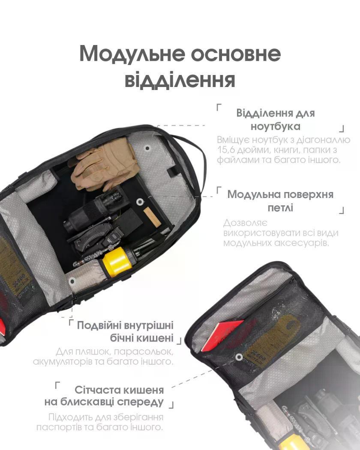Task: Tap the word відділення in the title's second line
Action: click(x=180, y=80)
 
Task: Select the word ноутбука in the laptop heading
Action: click(x=276, y=126)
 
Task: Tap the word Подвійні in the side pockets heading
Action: click(x=99, y=326)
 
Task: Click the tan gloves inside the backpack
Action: click(x=104, y=164)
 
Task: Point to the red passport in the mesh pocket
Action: click(x=221, y=336)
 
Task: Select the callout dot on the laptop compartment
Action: click(x=147, y=148)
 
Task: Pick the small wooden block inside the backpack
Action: click(x=152, y=216)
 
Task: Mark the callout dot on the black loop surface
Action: click(x=140, y=202)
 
